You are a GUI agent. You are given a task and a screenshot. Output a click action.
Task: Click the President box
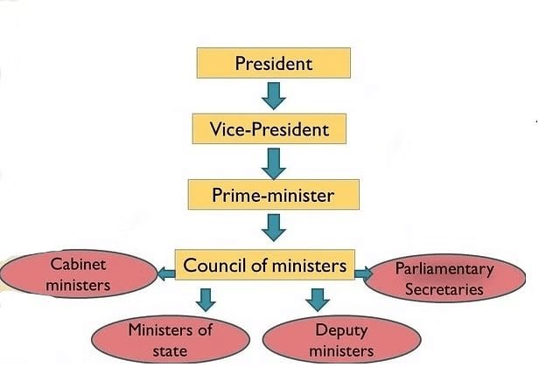pyautogui.click(x=274, y=63)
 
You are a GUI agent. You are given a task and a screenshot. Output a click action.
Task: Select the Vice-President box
pyautogui.click(x=270, y=129)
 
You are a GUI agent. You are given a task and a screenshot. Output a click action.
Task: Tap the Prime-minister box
pyautogui.click(x=273, y=194)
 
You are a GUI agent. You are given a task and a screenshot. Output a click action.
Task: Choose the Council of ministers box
pyautogui.click(x=265, y=265)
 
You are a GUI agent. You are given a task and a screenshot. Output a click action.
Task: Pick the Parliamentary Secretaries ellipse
pyautogui.click(x=444, y=279)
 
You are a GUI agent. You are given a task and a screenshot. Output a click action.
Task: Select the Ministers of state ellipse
pyautogui.click(x=170, y=340)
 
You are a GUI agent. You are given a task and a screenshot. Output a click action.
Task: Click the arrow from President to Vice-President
pyautogui.click(x=274, y=94)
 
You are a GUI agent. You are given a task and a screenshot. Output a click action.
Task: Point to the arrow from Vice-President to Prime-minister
pyautogui.click(x=274, y=161)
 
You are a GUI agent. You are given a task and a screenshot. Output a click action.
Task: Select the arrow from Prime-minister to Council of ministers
pyautogui.click(x=274, y=227)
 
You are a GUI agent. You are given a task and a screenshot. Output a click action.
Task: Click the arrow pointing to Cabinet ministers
pyautogui.click(x=165, y=274)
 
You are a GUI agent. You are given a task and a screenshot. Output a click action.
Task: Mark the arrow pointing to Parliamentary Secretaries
pyautogui.click(x=362, y=274)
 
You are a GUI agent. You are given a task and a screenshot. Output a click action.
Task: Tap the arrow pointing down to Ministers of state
pyautogui.click(x=206, y=300)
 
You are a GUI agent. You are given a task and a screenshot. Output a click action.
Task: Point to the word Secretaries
pyautogui.click(x=444, y=290)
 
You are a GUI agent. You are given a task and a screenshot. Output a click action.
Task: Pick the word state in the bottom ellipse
pyautogui.click(x=171, y=350)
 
